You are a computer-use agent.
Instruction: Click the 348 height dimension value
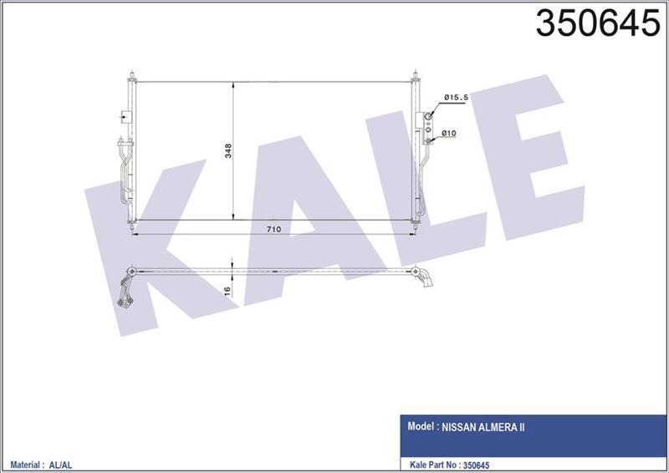coord(227,151)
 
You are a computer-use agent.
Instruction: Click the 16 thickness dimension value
coord(227,290)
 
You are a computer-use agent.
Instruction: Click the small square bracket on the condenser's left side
coord(125,118)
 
